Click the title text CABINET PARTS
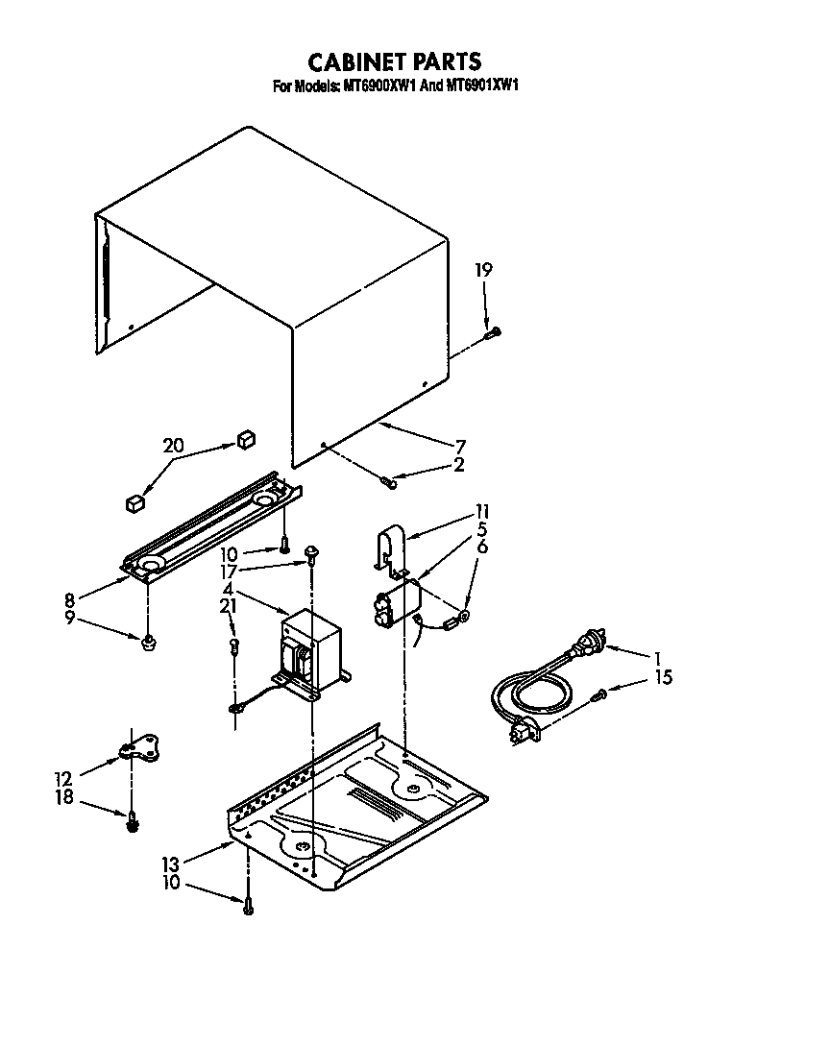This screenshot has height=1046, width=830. click(x=394, y=62)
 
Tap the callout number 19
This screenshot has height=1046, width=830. click(x=483, y=271)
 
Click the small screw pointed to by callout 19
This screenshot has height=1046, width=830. click(x=495, y=332)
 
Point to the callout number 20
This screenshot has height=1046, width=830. click(x=173, y=446)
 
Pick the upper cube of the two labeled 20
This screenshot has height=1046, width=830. click(x=245, y=439)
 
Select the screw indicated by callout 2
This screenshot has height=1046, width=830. click(x=390, y=479)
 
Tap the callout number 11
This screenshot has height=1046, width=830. click(x=482, y=511)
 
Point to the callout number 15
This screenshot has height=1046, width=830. click(x=664, y=677)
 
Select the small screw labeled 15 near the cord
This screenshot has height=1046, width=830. click(x=600, y=693)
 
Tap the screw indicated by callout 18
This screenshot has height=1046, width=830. click(x=133, y=819)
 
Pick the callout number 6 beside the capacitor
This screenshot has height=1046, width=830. click(x=482, y=547)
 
